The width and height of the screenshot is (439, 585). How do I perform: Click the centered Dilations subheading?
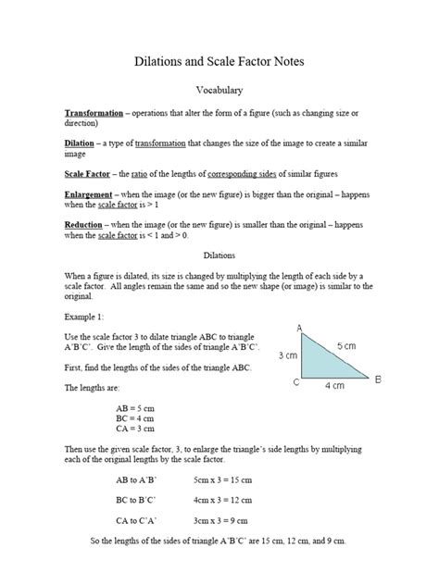[x=219, y=253]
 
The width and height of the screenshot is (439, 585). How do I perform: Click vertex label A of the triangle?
[x=299, y=329]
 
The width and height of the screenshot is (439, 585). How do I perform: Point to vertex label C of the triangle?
[x=295, y=381]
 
